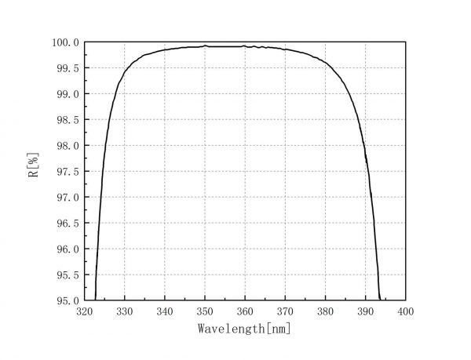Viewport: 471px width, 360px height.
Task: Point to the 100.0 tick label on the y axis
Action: pos(65,42)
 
